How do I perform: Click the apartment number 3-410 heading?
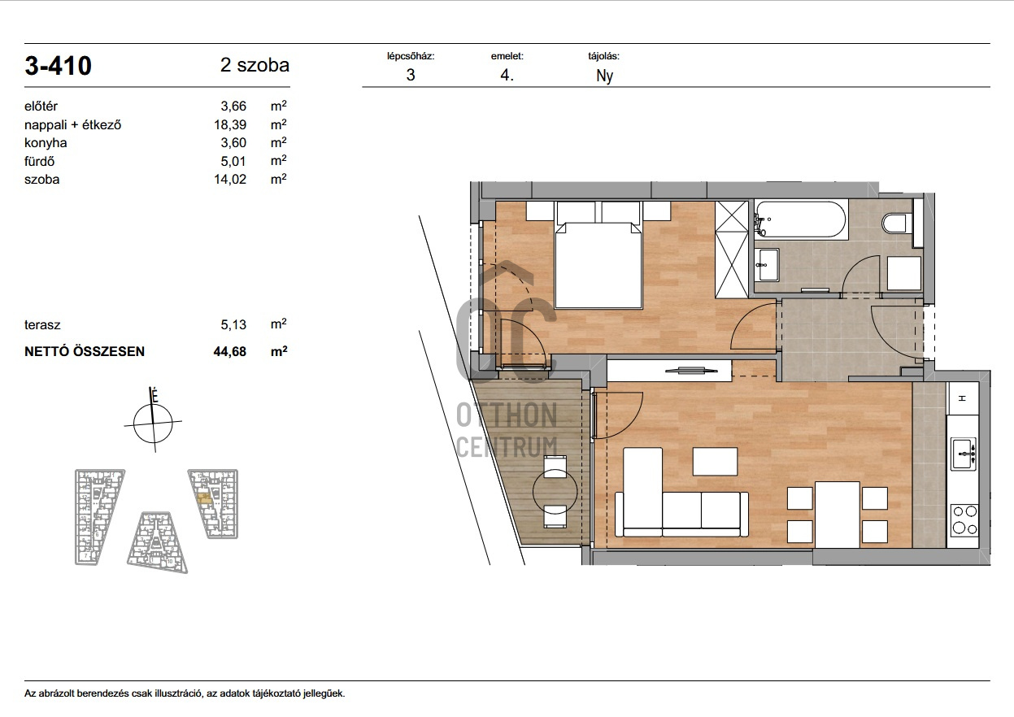point(58,66)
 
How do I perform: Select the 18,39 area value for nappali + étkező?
point(230,124)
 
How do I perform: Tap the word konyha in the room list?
point(46,143)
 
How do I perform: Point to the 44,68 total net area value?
point(230,351)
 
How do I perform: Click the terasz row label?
point(42,324)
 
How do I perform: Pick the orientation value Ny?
point(604,76)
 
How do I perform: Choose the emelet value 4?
point(507,75)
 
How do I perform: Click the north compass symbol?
point(154,421)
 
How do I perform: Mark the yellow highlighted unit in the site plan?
point(205,498)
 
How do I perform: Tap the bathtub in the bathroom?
point(801,219)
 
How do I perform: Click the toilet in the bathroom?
point(896,224)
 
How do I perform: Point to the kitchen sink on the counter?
point(963,454)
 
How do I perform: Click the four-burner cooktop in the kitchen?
point(964,520)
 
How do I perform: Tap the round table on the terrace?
point(555,493)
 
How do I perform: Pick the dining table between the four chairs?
point(838,515)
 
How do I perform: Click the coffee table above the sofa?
point(716,461)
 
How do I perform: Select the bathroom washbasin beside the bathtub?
point(768,264)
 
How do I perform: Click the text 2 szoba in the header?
point(255,65)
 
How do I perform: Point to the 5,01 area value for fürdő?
point(233,161)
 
